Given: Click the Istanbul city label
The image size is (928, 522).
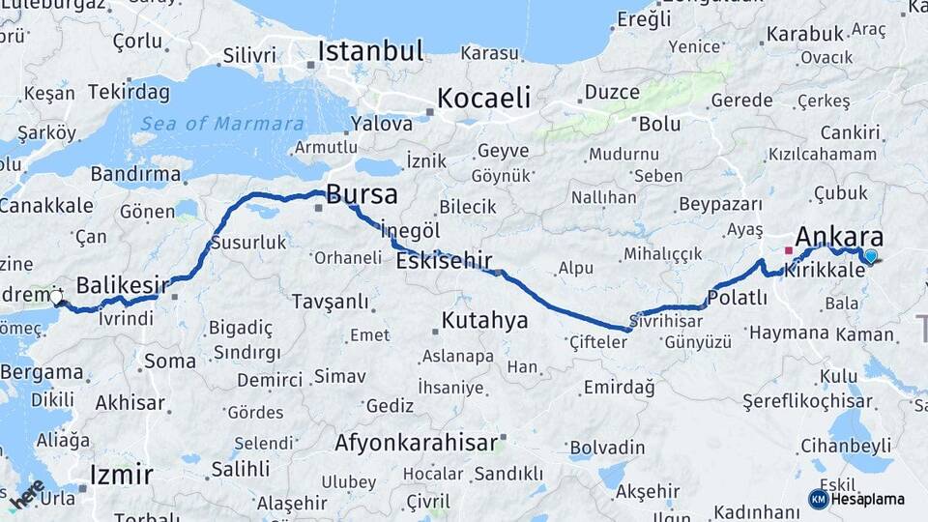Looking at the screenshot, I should click(371, 50).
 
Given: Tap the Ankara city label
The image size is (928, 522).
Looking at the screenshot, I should click(838, 238).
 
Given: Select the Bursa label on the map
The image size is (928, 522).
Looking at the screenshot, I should click(362, 194).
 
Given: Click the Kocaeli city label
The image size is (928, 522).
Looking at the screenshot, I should click(484, 98).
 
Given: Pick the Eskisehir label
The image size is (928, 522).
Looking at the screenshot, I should click(444, 260).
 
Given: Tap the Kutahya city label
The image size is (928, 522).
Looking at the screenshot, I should click(484, 320).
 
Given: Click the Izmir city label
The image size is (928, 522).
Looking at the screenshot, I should click(121, 475).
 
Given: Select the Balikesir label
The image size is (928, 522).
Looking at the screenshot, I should click(122, 285).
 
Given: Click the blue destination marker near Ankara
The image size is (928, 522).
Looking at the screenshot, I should click(871, 256).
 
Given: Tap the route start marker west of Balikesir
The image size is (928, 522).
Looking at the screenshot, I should click(56, 297).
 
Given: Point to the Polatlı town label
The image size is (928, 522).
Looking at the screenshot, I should click(737, 299).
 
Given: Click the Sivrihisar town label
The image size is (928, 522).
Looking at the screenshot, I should click(666, 319).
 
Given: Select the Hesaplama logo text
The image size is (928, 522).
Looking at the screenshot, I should click(868, 499).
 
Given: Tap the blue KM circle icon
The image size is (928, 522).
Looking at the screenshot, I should click(818, 499).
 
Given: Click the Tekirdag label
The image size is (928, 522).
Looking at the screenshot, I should click(129, 93).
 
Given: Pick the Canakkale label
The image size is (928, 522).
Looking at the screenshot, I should click(45, 205).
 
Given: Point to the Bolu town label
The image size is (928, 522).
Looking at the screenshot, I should click(659, 124).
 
